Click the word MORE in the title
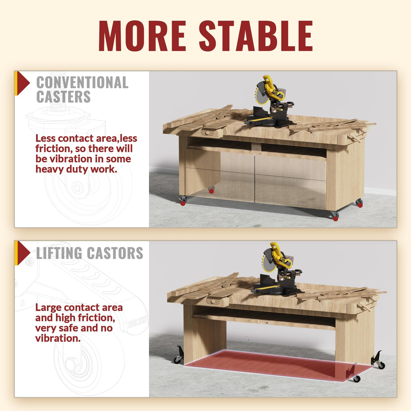coord(142,36)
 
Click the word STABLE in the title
coord(256,36)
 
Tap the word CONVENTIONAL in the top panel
coord(82,83)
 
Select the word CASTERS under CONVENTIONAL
coord(63,97)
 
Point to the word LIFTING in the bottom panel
coord(59,253)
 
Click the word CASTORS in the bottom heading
coord(115,253)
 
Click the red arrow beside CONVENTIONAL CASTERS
coord(23,83)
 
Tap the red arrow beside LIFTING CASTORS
coord(23,253)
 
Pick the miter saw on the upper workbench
coord(271,103)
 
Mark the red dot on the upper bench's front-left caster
coord(183,203)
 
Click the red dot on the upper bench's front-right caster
coord(336,219)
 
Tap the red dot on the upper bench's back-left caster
coord(212,191)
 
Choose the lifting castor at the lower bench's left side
coord(179,355)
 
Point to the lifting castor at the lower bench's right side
coord(378,361)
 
